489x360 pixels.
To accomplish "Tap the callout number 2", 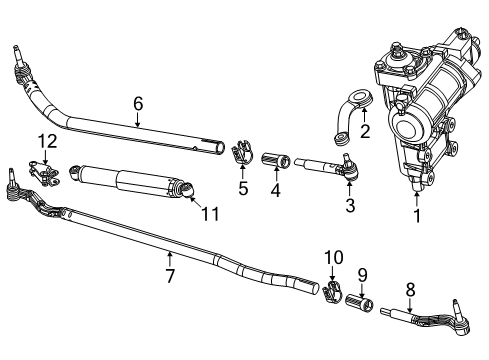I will pyautogui.click(x=366, y=131).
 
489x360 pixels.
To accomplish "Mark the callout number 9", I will pyautogui.click(x=363, y=274).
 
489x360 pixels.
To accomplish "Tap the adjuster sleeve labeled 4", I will pyautogui.click(x=276, y=160).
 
